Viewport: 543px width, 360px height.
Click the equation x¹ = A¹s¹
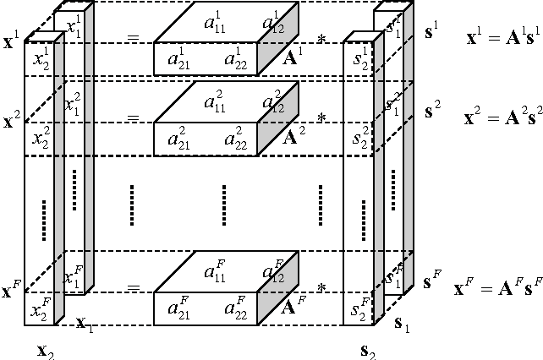pyautogui.click(x=498, y=39)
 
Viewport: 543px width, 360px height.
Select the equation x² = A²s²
pyautogui.click(x=499, y=118)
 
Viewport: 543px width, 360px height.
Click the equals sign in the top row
pyautogui.click(x=134, y=40)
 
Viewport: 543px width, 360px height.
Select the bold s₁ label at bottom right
pyautogui.click(x=404, y=323)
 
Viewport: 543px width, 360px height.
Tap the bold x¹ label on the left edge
pyautogui.click(x=13, y=40)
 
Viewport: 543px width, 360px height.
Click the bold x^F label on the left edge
pyautogui.click(x=12, y=292)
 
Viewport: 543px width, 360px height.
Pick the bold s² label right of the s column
pyautogui.click(x=432, y=108)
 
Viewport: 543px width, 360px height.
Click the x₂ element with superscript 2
pyautogui.click(x=41, y=139)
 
